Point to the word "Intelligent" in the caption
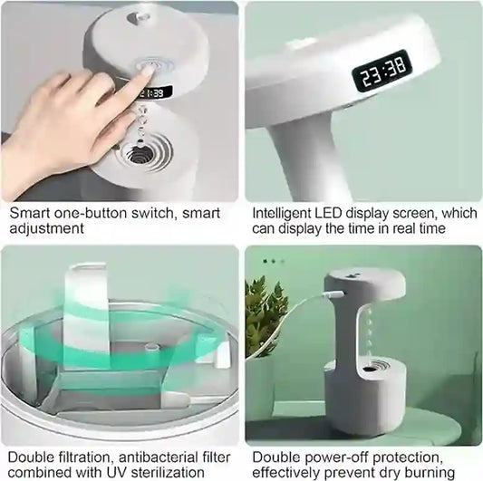[x=285, y=214]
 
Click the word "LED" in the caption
[x=340, y=214]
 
